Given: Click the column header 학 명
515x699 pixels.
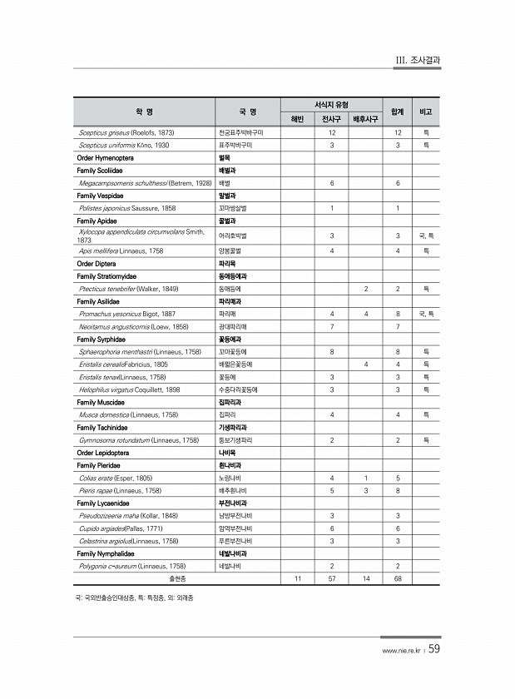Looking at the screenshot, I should point(143,111).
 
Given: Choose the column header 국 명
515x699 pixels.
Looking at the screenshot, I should point(247,111).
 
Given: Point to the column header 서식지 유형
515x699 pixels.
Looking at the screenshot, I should point(331,104).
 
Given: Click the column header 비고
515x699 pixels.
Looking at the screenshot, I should point(424,111).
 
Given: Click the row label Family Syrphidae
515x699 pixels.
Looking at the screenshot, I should point(103,339).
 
